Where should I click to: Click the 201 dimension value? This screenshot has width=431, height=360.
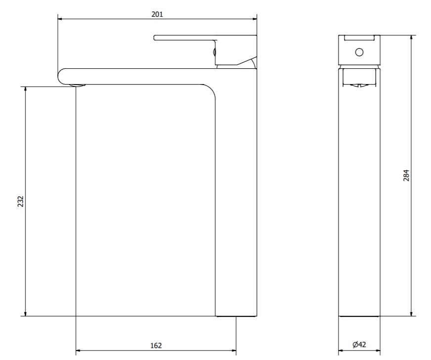click(157, 14)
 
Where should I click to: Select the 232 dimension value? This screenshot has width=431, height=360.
click(21, 201)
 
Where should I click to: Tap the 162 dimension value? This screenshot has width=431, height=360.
click(156, 346)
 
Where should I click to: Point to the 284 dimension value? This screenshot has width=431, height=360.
click(406, 175)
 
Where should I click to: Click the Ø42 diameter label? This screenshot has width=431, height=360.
click(359, 344)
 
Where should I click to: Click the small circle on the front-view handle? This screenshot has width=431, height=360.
click(359, 52)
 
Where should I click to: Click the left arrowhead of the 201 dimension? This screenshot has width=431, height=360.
click(60, 19)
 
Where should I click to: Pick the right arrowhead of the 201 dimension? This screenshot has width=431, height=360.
click(255, 19)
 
